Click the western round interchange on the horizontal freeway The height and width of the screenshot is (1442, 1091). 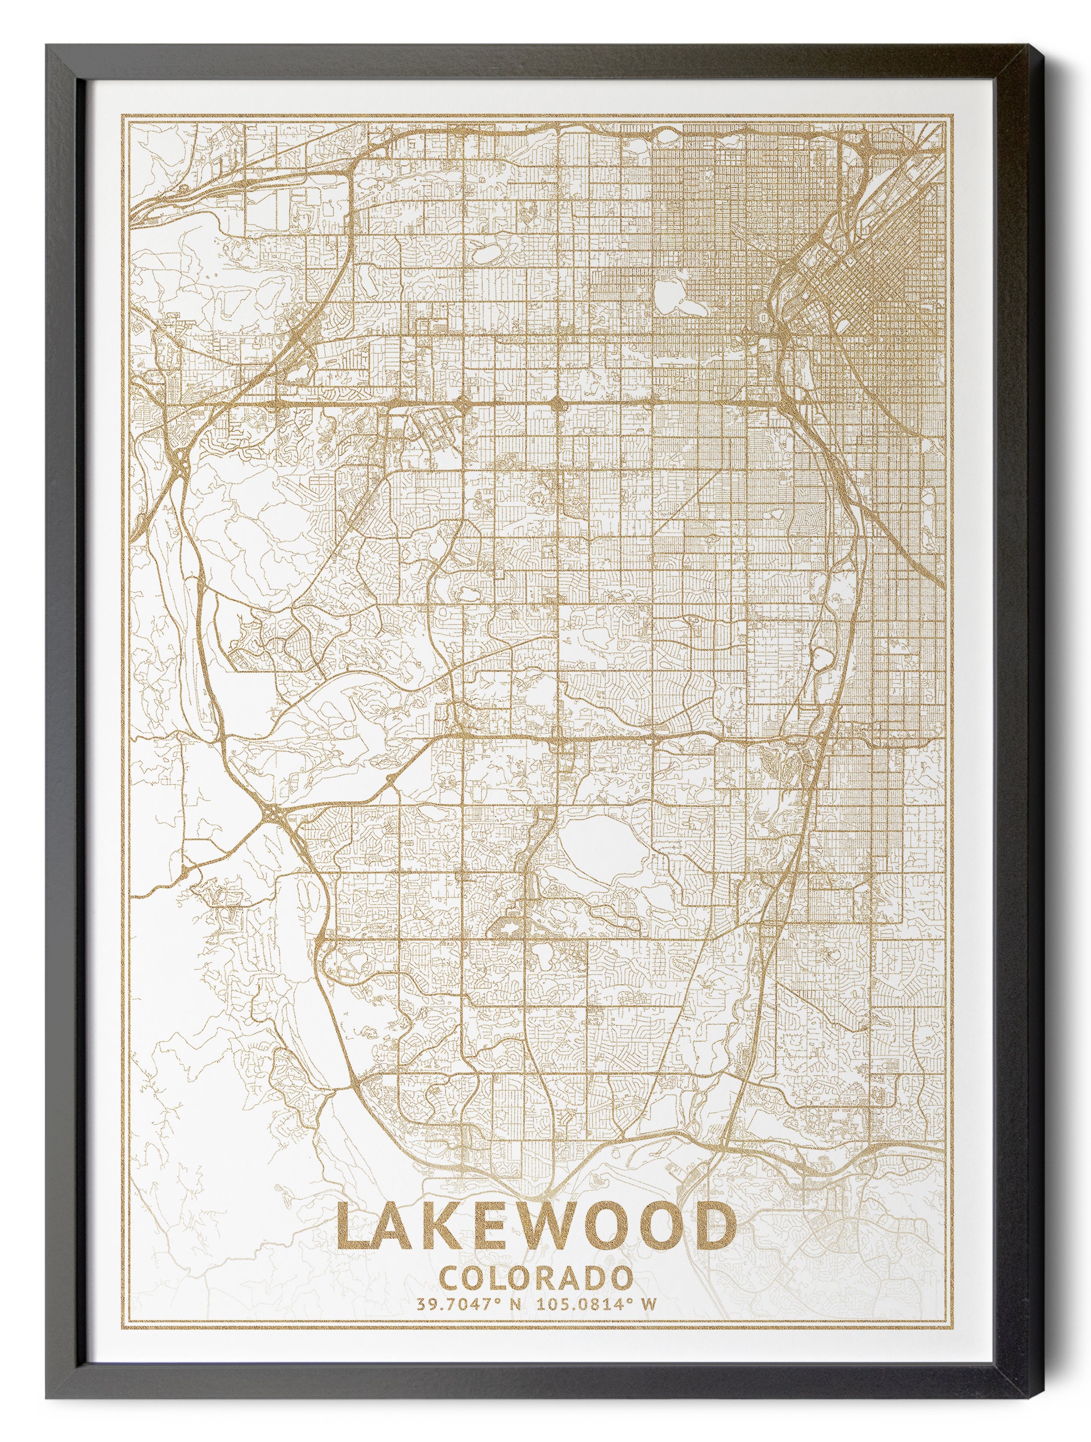464,404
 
